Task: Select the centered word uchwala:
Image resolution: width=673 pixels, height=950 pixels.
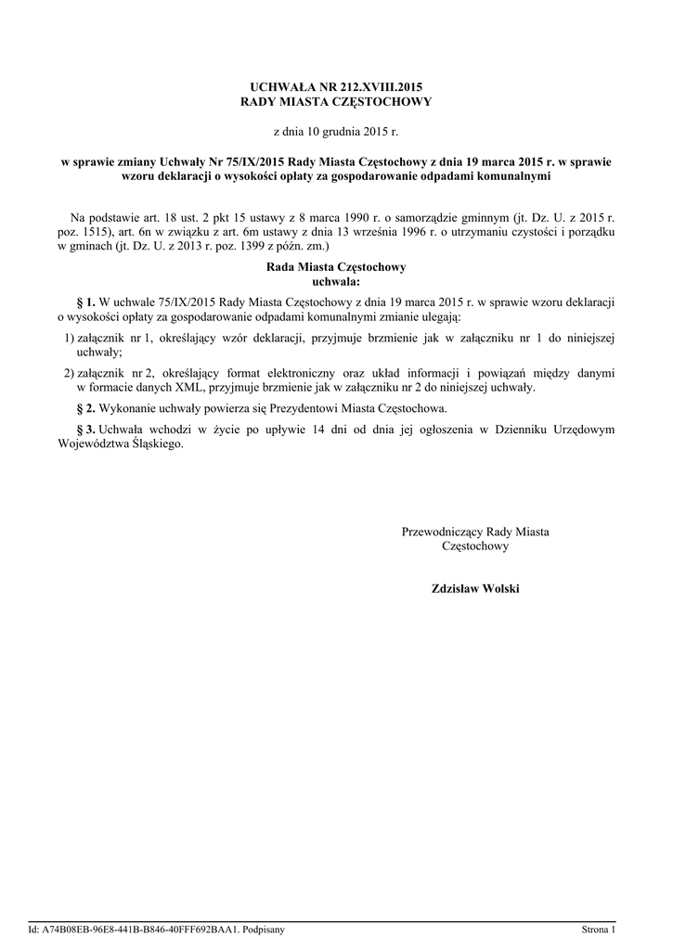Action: pos(336,281)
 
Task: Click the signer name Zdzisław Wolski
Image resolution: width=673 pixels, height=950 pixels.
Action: pos(475,588)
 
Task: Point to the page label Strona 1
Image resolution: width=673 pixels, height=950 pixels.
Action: pos(598,929)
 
